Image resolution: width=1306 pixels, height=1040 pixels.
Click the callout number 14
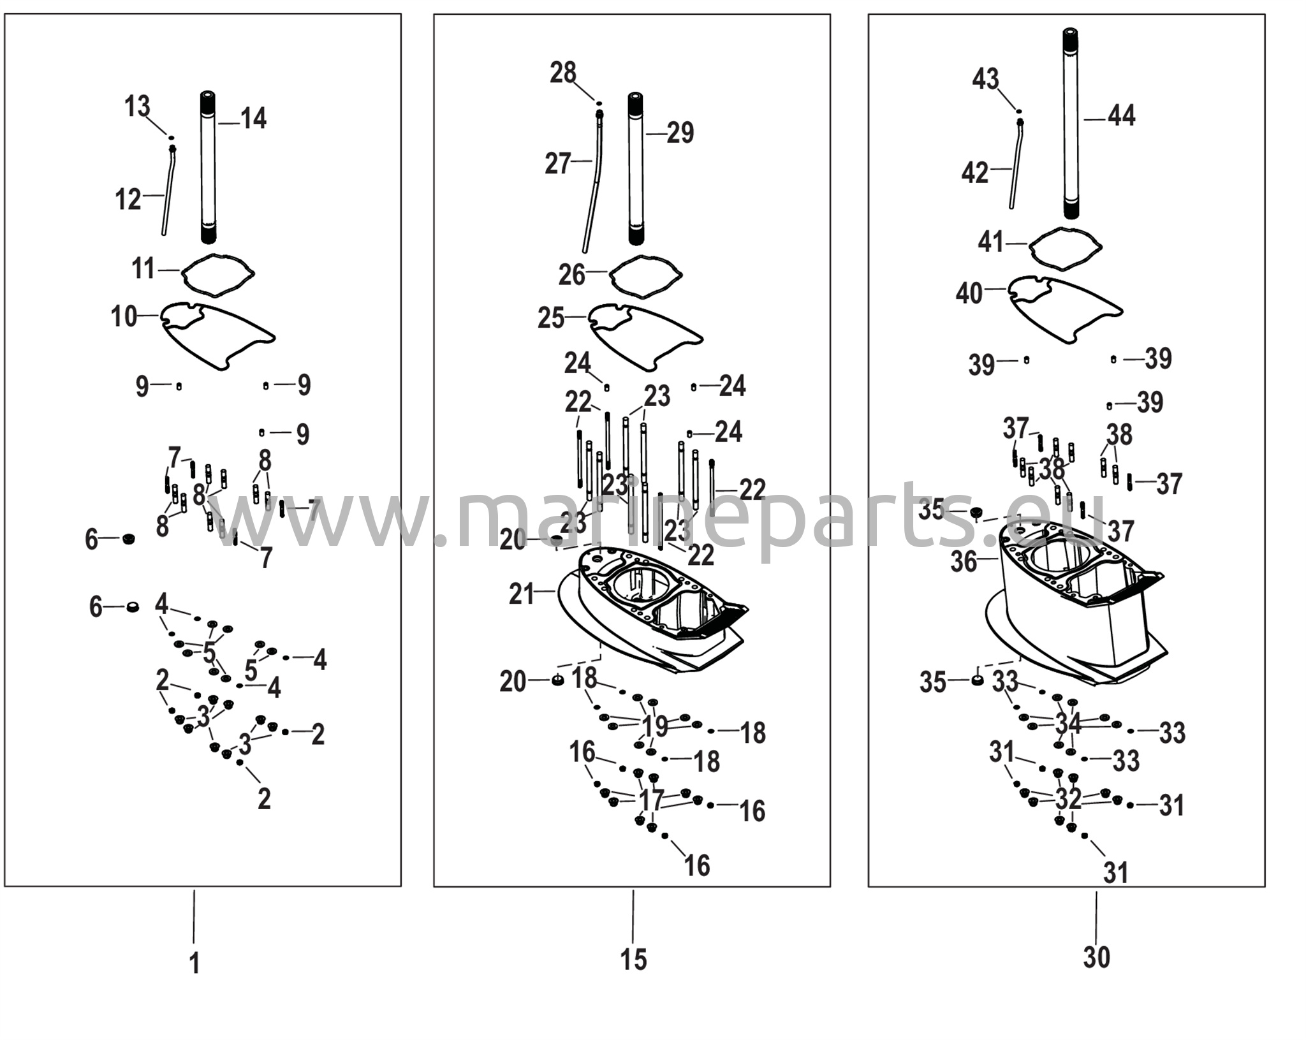pyautogui.click(x=253, y=119)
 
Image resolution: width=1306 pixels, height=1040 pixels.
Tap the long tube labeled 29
pyautogui.click(x=635, y=168)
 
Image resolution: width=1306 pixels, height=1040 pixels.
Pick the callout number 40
pyautogui.click(x=969, y=293)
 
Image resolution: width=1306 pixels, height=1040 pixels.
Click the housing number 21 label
pyautogui.click(x=522, y=594)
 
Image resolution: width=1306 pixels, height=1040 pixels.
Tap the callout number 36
pyautogui.click(x=964, y=562)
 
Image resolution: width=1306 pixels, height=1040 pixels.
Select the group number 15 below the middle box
pyautogui.click(x=633, y=959)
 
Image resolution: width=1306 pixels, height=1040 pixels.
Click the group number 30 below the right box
pyautogui.click(x=1096, y=957)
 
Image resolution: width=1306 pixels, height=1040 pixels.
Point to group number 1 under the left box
pyautogui.click(x=195, y=963)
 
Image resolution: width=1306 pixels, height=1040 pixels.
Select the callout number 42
pyautogui.click(x=974, y=173)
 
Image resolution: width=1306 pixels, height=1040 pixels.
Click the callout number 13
pyautogui.click(x=137, y=106)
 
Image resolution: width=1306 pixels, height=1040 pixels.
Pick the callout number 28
pyautogui.click(x=563, y=73)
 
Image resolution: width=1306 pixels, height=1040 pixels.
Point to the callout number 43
pyautogui.click(x=985, y=80)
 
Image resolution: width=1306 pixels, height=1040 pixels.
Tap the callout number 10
pyautogui.click(x=124, y=316)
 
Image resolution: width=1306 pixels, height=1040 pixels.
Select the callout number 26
pyautogui.click(x=572, y=275)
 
